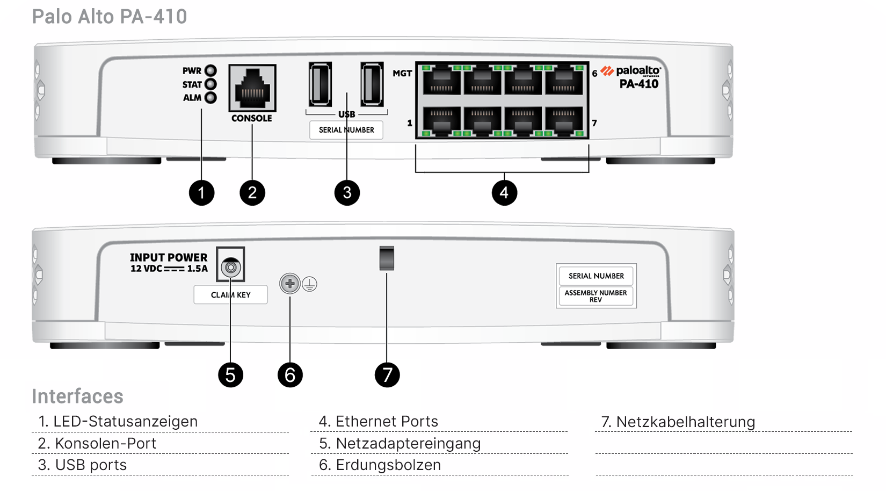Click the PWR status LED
click(211, 70)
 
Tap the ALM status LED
click(211, 98)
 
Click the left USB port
click(320, 84)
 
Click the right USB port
click(372, 84)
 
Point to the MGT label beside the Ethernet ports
click(402, 74)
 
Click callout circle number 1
click(201, 192)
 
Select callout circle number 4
click(504, 192)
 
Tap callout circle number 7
click(387, 374)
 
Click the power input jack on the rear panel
click(231, 267)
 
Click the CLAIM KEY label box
click(230, 295)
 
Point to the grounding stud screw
click(290, 284)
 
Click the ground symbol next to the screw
click(310, 284)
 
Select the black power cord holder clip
click(387, 258)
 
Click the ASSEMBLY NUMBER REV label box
click(595, 296)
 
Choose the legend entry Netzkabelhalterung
click(678, 422)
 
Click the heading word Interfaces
click(77, 396)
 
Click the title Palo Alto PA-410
click(110, 17)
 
